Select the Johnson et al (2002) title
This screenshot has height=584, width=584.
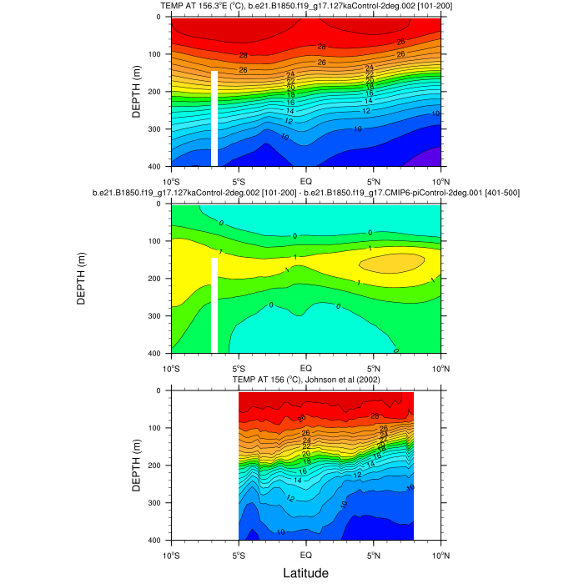(305, 380)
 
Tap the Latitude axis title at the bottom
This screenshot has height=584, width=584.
(305, 573)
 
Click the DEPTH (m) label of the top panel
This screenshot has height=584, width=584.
(137, 92)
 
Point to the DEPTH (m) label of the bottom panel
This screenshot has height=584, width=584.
(137, 466)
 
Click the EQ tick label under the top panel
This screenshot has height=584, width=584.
(306, 180)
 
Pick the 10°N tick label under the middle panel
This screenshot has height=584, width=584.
(441, 367)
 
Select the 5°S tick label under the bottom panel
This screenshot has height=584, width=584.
(238, 554)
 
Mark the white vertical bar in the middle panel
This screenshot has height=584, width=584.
(214, 305)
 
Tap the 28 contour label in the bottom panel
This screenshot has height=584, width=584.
(375, 416)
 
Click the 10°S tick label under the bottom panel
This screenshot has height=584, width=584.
(171, 554)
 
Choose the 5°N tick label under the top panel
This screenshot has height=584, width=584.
(374, 180)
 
